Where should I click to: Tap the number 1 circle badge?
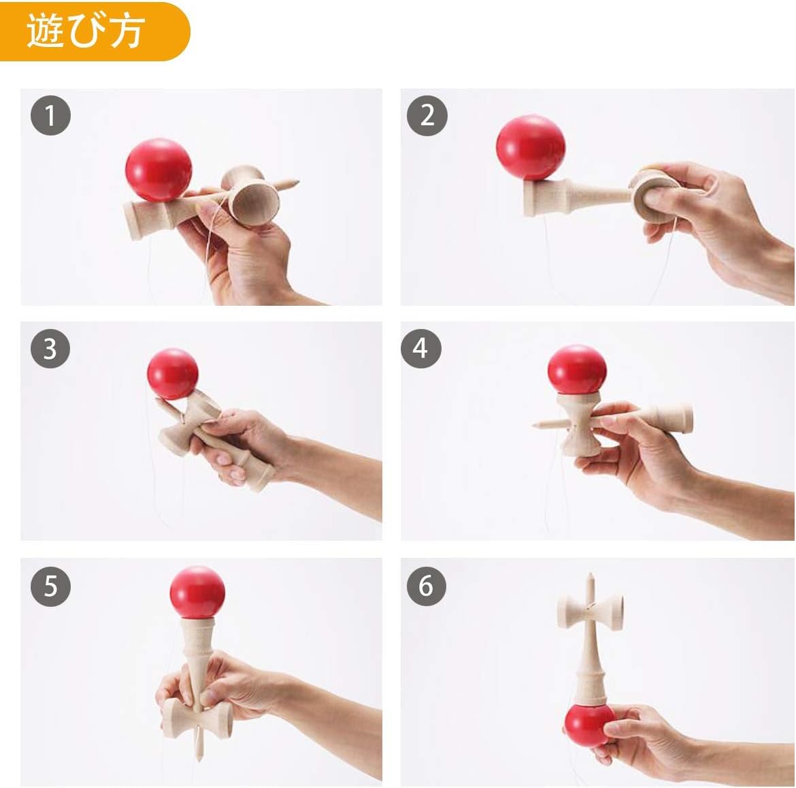pyautogui.click(x=50, y=114)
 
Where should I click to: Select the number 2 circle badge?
pyautogui.click(x=427, y=114)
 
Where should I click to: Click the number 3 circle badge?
pyautogui.click(x=50, y=348)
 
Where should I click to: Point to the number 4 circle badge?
pyautogui.click(x=421, y=348)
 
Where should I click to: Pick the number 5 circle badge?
pyautogui.click(x=50, y=585)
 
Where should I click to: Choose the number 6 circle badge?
pyautogui.click(x=426, y=585)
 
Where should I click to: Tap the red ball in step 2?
pyautogui.click(x=530, y=148)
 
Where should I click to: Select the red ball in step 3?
pyautogui.click(x=173, y=375)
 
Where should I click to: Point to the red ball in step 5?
pyautogui.click(x=197, y=592)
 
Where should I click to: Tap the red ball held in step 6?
pyautogui.click(x=590, y=724)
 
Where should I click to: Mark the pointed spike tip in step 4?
pyautogui.click(x=537, y=426)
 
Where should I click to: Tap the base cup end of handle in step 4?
pyautogui.click(x=684, y=418)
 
